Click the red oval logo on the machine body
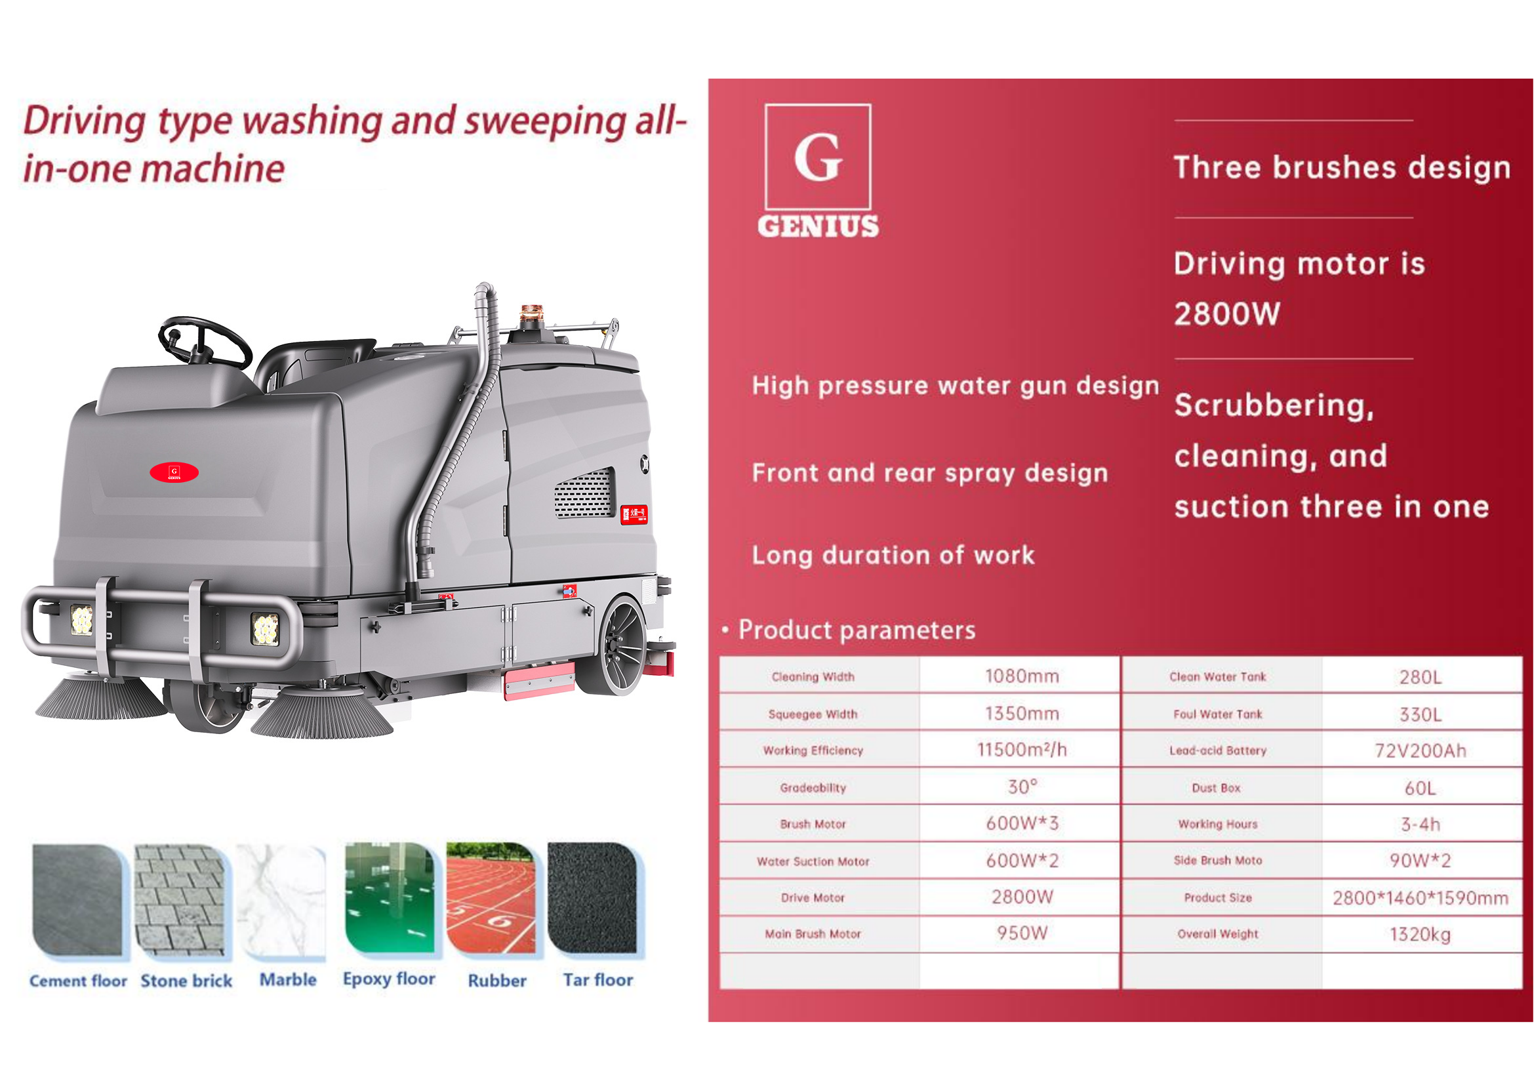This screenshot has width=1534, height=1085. coord(174,472)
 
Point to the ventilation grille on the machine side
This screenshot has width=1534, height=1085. coord(584,493)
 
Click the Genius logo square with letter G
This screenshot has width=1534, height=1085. coord(818,157)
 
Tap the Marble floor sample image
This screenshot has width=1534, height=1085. coord(281,902)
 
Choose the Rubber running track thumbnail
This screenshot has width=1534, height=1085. coord(491,898)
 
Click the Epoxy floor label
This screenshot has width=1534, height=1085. coord(389,979)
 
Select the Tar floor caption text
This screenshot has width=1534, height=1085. coord(598,979)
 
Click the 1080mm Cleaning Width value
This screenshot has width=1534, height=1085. coord(1022,676)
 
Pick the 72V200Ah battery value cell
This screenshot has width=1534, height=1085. coord(1421,751)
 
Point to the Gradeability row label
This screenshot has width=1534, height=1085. coord(813,788)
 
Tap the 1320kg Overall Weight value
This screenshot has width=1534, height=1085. coord(1421,934)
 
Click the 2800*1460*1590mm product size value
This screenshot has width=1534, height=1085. coord(1421,898)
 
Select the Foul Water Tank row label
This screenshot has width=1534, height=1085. coord(1218,714)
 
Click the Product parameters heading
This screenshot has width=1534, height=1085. coord(857,630)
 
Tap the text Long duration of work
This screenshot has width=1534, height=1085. coord(893,555)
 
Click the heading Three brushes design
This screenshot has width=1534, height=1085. coord(1342,167)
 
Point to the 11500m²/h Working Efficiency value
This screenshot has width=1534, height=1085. coord(1022,750)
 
